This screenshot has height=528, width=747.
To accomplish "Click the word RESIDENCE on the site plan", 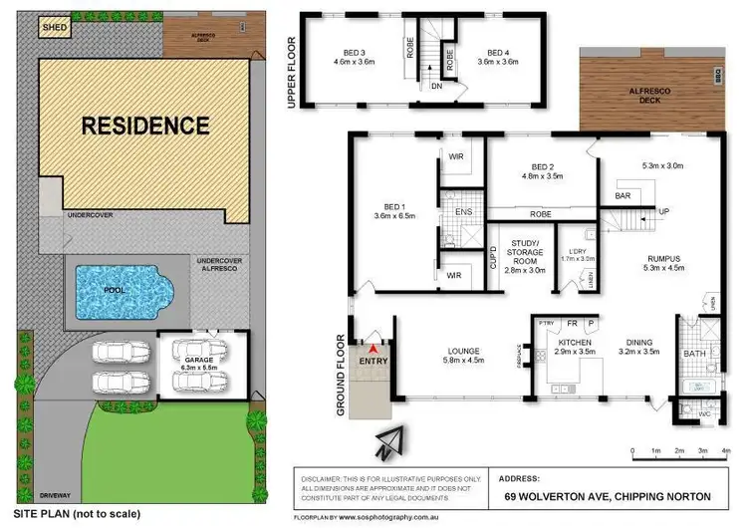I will [x=145, y=126].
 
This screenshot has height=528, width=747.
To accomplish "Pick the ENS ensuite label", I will [x=461, y=211].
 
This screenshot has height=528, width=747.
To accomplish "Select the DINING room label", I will [x=639, y=342].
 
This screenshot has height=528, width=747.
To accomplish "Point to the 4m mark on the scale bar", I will [x=724, y=451].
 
